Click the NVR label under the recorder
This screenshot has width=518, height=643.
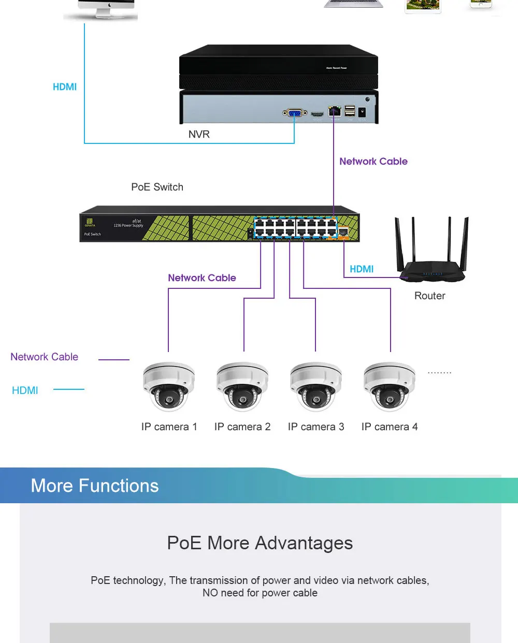point(199,135)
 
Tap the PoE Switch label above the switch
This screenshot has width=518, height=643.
point(157,187)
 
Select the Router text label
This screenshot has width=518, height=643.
point(429,296)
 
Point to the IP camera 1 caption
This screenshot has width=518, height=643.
point(169,427)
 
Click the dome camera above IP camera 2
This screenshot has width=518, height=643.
point(242,386)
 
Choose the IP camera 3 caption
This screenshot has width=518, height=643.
point(316,427)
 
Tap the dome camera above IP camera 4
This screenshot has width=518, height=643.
point(390,386)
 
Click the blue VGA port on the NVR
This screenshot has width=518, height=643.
point(294,113)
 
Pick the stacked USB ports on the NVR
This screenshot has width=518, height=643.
point(350,111)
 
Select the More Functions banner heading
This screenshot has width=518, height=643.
point(95,486)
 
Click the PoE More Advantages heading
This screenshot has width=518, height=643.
point(260,543)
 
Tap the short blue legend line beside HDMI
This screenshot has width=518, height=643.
point(69,389)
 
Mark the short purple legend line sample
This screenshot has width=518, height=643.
point(113,359)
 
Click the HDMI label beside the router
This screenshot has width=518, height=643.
point(362,269)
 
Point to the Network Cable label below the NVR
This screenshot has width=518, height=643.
point(373,162)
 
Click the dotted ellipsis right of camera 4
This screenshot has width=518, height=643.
point(439,372)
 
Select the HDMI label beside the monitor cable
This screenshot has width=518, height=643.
point(65,87)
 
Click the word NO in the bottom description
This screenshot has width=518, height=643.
point(210,593)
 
